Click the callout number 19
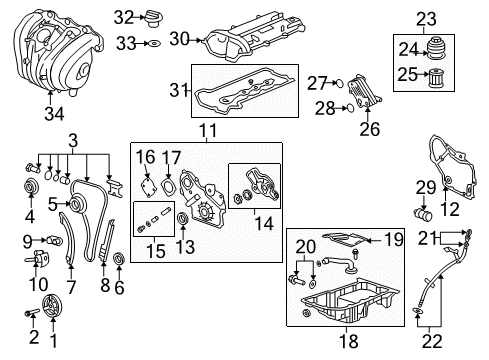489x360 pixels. (x=393, y=239)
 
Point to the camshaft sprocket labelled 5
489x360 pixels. (x=72, y=204)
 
